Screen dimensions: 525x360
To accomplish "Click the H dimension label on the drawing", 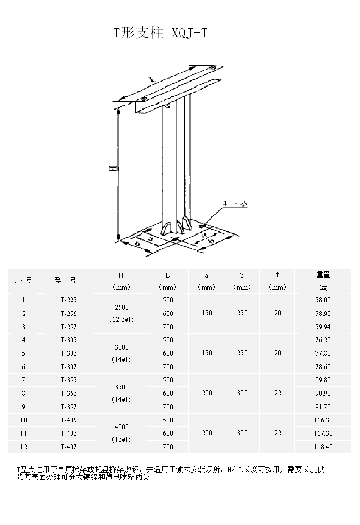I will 112,169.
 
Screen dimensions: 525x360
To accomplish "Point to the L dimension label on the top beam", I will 153,79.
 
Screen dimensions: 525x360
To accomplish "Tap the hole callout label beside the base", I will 234,204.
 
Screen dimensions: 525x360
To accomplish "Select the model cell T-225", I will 69,300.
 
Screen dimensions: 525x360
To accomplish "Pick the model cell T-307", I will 69,367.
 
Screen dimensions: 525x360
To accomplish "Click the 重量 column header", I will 323,275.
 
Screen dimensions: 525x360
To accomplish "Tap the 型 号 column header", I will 66,280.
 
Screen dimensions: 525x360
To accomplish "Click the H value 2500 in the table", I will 121,307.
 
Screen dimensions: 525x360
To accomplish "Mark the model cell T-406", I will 69,433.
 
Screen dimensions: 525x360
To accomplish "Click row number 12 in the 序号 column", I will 24,447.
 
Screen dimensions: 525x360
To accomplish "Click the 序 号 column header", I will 24,280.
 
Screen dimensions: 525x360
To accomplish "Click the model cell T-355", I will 69,380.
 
